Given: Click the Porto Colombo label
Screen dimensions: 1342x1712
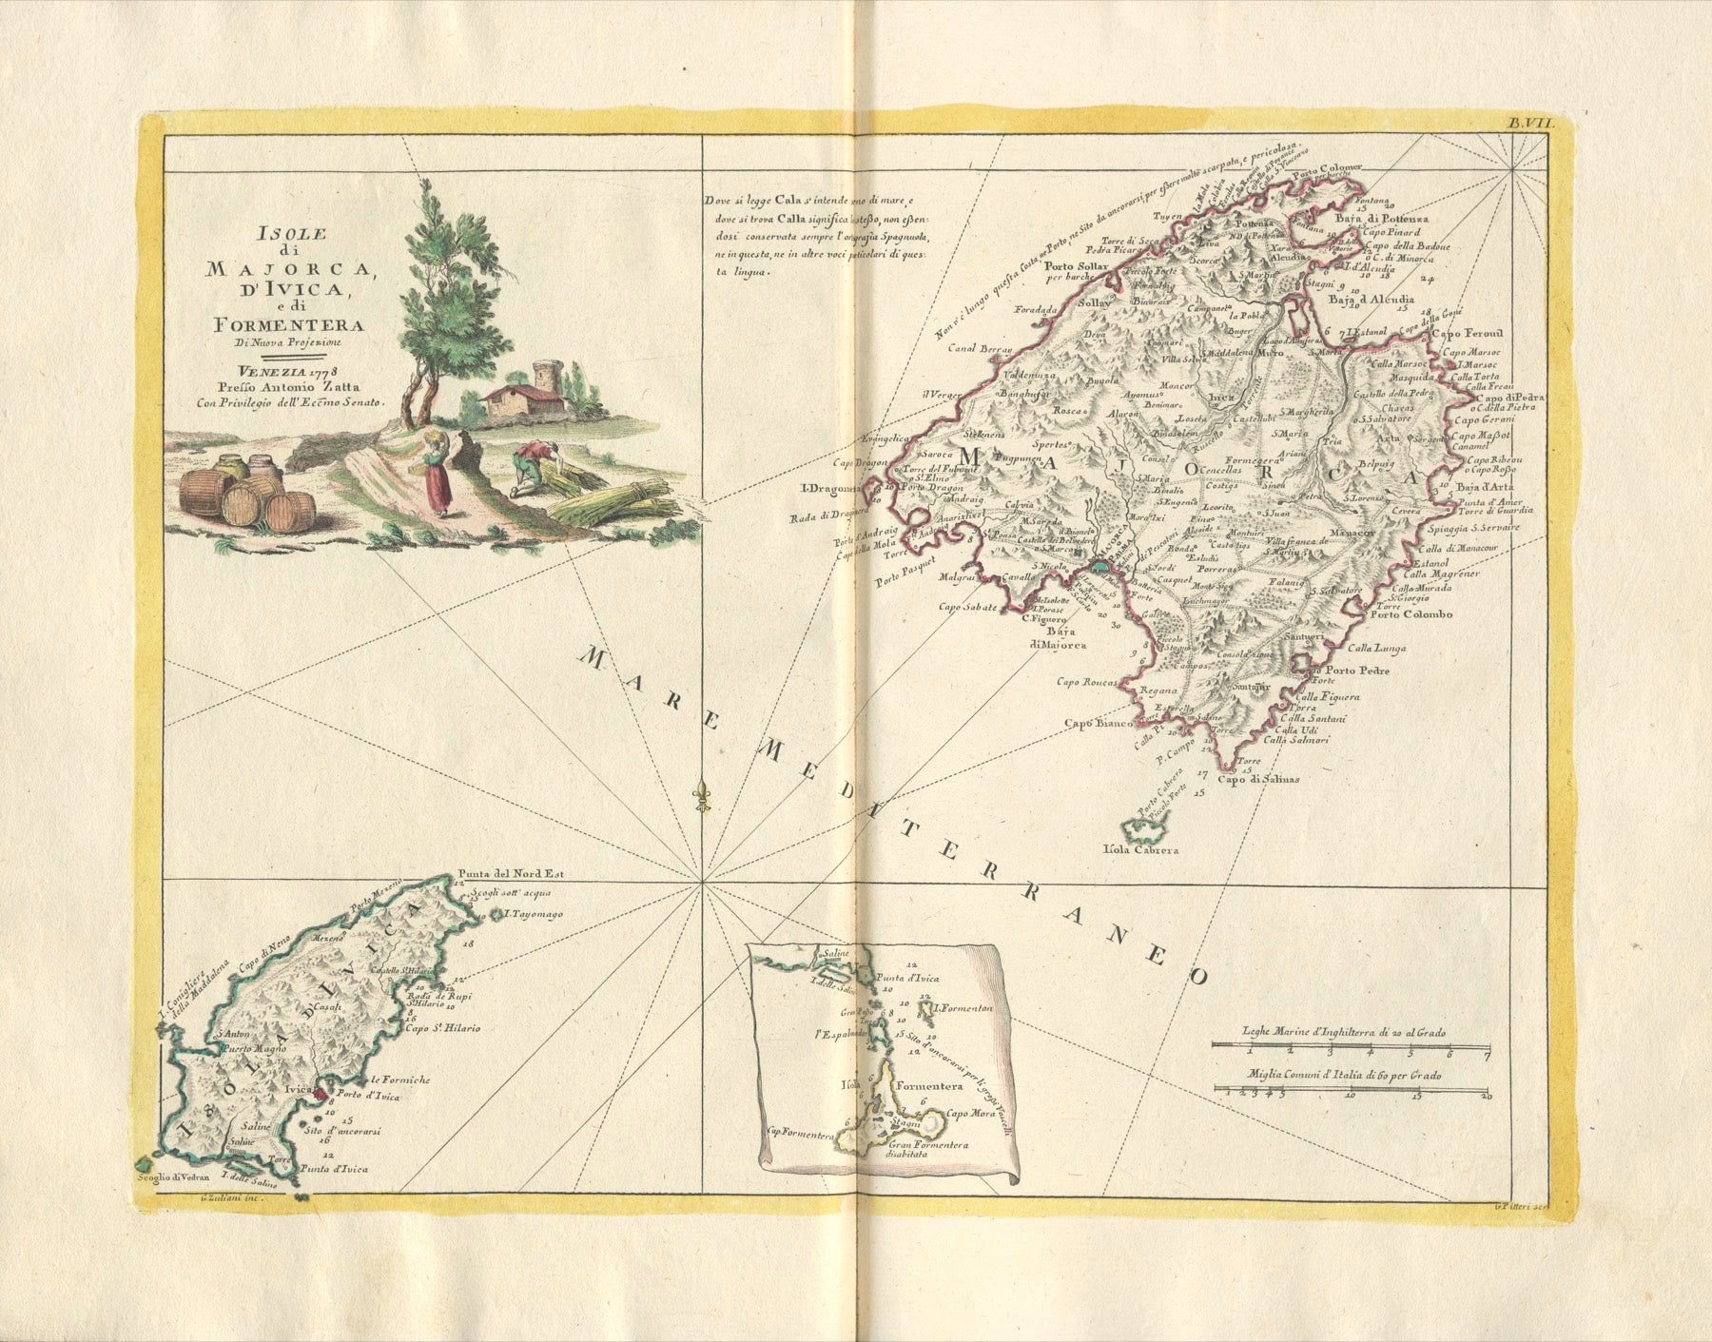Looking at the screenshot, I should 1411,614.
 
